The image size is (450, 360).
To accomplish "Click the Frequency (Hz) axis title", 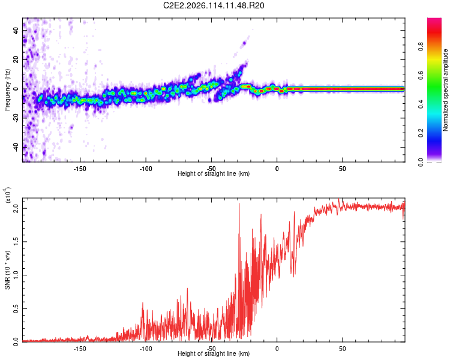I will [x=8, y=90].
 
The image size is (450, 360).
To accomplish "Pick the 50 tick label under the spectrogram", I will [x=342, y=169].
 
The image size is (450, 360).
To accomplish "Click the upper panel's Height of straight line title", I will [x=214, y=174].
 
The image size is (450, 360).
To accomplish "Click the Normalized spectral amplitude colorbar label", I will [x=446, y=90].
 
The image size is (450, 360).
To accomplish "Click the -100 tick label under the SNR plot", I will [x=145, y=349].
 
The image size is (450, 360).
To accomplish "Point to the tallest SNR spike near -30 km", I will [x=239, y=204].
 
